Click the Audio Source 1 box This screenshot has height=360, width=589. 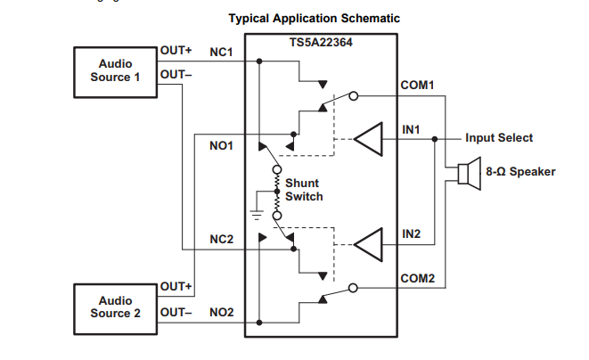[115, 70]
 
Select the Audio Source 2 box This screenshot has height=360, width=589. [115, 307]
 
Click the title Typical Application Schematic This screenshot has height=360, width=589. [315, 18]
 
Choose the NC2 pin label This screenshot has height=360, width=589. [221, 239]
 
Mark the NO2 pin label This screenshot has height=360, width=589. [221, 312]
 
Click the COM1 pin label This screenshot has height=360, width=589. [418, 86]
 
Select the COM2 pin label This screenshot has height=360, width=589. [418, 279]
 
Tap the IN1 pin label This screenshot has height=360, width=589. [411, 130]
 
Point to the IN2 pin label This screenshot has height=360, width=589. [411, 233]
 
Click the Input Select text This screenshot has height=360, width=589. [499, 138]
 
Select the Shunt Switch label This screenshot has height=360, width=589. [304, 190]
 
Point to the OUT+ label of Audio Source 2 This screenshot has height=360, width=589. [176, 286]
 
